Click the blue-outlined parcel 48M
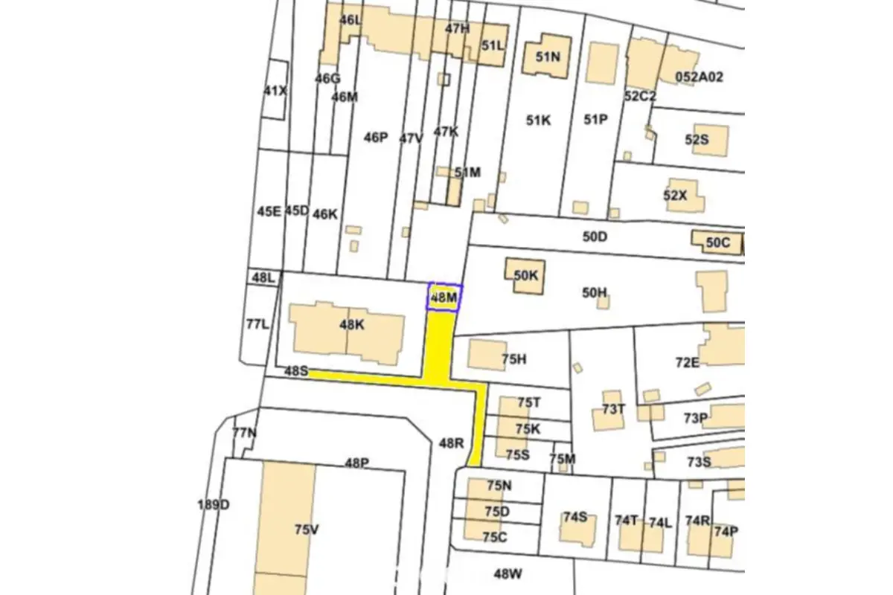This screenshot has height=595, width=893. point(444,297)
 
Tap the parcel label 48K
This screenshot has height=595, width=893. point(352,325)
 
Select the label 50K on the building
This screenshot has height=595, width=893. point(525,276)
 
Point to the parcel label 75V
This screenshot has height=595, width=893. point(307,530)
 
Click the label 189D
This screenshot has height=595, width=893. point(214,505)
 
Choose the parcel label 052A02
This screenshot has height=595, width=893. point(699,77)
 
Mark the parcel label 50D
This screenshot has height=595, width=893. point(595,237)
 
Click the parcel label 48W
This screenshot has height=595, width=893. point(508,573)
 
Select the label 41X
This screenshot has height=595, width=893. point(275,91)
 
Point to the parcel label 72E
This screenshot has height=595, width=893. point(687,363)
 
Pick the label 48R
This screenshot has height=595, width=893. point(451,443)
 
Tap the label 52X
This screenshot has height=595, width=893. point(675,196)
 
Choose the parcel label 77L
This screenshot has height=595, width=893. point(257,324)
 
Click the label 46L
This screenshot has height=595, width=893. point(351,20)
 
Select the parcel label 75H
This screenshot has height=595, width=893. point(513,359)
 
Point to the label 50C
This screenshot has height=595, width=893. point(718,242)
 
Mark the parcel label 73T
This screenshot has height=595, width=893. point(614,408)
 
